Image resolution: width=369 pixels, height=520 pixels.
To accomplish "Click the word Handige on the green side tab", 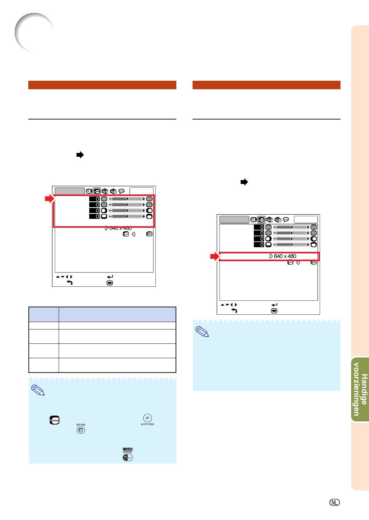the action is [364, 389].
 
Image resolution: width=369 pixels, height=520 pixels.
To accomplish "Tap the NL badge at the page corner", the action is [334, 503].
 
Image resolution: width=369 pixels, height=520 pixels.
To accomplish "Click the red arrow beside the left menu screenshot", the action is [50, 199].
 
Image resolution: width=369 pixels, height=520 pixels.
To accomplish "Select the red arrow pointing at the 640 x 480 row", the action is [215, 257].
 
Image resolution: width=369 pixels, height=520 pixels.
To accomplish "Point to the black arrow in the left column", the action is [80, 155].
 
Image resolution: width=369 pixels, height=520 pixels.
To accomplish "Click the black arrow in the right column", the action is [244, 182].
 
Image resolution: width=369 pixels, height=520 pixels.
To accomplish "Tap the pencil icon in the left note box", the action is [38, 390].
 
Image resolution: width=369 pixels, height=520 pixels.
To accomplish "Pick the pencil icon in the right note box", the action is [202, 332].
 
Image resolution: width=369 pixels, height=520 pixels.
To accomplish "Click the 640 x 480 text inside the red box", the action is [285, 256].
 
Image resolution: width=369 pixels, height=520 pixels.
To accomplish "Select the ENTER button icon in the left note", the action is [127, 457].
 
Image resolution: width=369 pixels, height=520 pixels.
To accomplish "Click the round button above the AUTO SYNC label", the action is [148, 418].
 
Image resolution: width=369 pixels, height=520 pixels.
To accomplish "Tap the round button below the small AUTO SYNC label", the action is [81, 430].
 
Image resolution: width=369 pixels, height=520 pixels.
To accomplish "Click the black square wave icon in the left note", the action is [55, 420].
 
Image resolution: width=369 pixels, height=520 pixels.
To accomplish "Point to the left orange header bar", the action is [102, 85].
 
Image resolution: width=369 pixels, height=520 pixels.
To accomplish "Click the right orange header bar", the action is [266, 85].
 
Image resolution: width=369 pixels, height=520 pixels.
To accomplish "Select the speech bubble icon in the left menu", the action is [122, 191].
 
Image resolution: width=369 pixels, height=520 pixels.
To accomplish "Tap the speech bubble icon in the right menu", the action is [286, 219].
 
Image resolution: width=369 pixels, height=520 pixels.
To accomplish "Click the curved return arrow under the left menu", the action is [70, 283].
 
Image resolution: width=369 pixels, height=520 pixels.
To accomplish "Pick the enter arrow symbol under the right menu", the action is [275, 305].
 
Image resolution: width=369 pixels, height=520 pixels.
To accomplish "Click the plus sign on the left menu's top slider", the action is [144, 199].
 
